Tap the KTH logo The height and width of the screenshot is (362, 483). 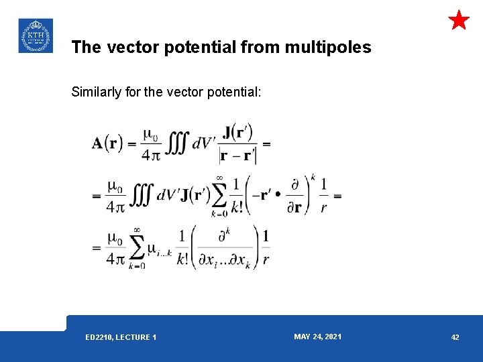tap(35, 36)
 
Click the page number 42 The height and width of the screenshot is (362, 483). tap(455, 337)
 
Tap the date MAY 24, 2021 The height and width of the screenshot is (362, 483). tap(317, 337)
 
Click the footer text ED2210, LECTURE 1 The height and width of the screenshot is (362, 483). tap(121, 337)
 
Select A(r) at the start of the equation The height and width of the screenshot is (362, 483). tap(108, 144)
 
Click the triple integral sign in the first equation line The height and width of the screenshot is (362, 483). tap(177, 144)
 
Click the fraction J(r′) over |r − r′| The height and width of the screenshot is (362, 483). tap(237, 144)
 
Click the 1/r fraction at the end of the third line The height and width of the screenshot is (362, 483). tap(266, 248)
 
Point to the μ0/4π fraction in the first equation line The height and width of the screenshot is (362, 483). tap(152, 144)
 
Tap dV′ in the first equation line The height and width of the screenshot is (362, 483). tap(204, 145)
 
